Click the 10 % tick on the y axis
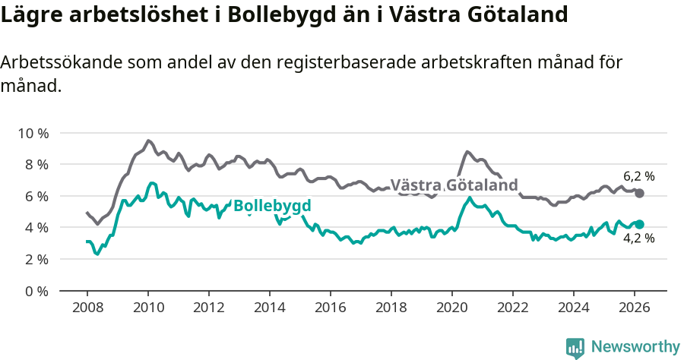33,133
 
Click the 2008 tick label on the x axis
87,307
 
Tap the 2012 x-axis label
208,307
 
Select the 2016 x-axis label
331,307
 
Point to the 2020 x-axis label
452,307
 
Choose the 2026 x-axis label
635,307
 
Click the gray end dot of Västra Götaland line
639,193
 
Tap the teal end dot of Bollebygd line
639,224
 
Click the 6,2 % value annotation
638,176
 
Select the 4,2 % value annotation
638,239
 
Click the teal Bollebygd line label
272,206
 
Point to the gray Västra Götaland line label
454,185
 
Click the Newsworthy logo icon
575,348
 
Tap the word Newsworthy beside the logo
635,347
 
